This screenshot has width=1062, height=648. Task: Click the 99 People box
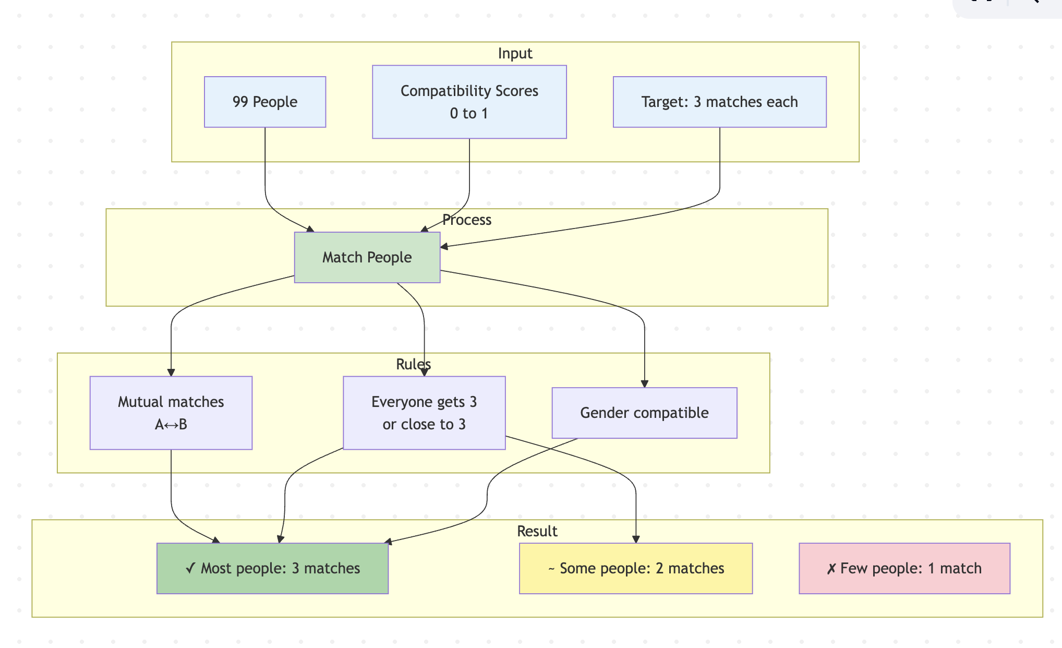tap(265, 102)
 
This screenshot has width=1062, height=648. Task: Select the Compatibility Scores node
tap(469, 102)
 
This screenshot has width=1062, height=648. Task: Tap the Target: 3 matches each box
tap(719, 102)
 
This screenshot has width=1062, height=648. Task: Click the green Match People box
tap(367, 257)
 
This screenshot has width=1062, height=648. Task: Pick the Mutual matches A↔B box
tap(171, 413)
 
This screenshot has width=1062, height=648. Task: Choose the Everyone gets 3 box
tap(424, 413)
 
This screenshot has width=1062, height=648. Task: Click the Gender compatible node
tap(644, 413)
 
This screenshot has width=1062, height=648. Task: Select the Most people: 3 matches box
tap(272, 568)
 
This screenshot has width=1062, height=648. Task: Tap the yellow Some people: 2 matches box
tap(635, 568)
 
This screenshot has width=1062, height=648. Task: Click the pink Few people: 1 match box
tap(904, 568)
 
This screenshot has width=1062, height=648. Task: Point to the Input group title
tap(515, 53)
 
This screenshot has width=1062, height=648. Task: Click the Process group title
tap(466, 220)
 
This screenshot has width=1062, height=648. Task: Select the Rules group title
tap(413, 364)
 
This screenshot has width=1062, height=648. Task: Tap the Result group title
tap(537, 531)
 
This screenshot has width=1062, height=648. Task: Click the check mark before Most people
tap(191, 568)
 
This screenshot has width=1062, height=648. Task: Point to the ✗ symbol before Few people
tap(831, 569)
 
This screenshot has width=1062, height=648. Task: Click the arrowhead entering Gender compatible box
tap(645, 383)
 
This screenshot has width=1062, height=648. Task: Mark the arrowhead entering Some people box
tap(636, 539)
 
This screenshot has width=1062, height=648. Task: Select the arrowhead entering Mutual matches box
tap(171, 372)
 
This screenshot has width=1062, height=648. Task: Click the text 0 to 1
tap(469, 113)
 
